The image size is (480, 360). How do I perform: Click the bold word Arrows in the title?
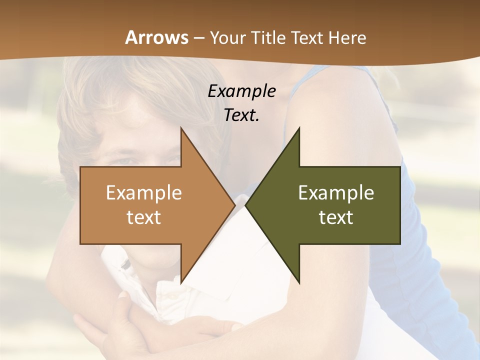[x=156, y=37]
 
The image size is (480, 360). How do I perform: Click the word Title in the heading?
[x=268, y=38]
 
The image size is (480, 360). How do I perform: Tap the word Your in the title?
[x=227, y=38]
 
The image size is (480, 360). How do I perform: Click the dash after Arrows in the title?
[x=198, y=38]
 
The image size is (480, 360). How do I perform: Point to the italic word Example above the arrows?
[x=241, y=91]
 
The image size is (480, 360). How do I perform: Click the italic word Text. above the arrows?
[x=241, y=115]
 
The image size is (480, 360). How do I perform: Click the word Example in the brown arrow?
[x=143, y=192]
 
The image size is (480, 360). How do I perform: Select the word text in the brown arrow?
[x=143, y=217]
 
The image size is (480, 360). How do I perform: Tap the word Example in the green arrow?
[x=336, y=192]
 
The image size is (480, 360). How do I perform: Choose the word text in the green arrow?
[x=336, y=217]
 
